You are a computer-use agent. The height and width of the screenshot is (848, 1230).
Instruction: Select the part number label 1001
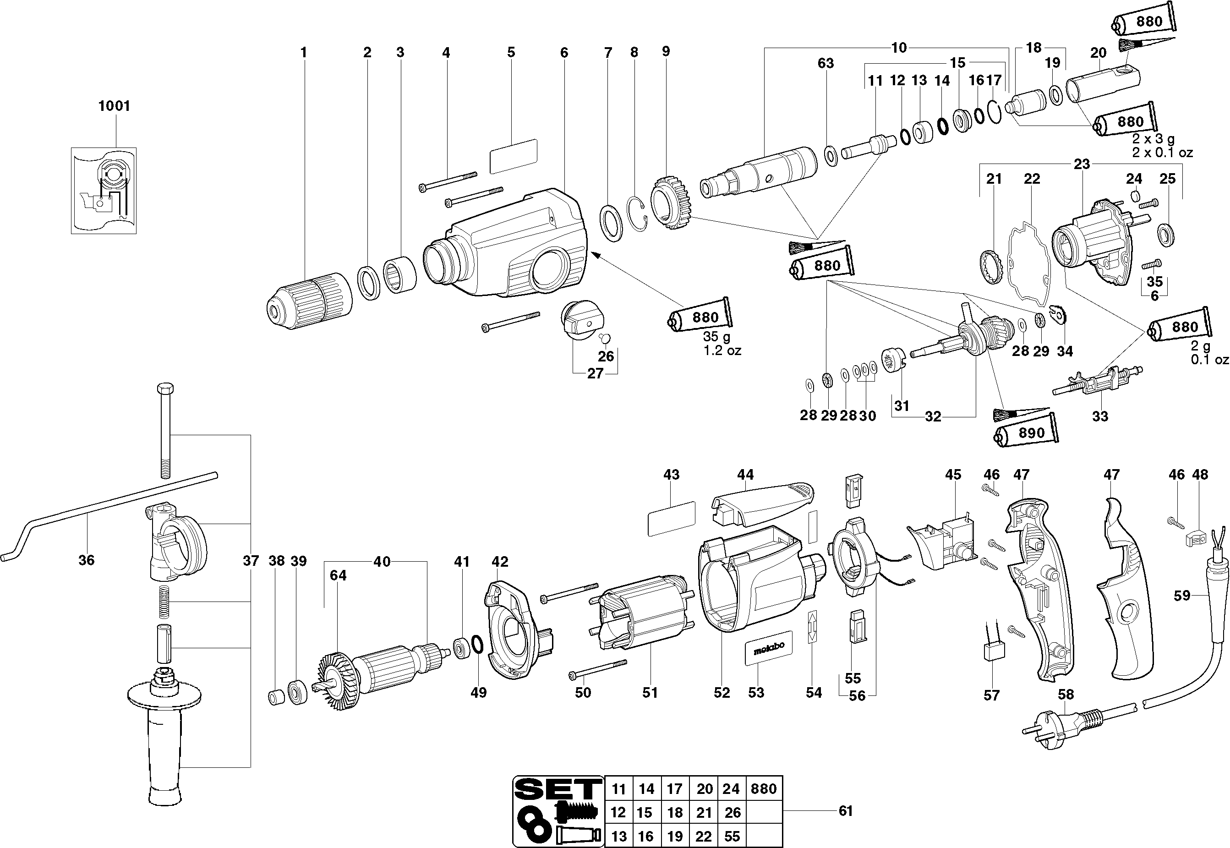(x=114, y=106)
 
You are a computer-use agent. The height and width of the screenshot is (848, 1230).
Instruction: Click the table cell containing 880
(x=764, y=789)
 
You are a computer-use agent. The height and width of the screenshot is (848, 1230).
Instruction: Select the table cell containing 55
(x=732, y=836)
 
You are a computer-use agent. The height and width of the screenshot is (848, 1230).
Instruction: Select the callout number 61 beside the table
(x=845, y=811)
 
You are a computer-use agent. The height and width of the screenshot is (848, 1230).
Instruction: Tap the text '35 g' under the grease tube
(x=717, y=336)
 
